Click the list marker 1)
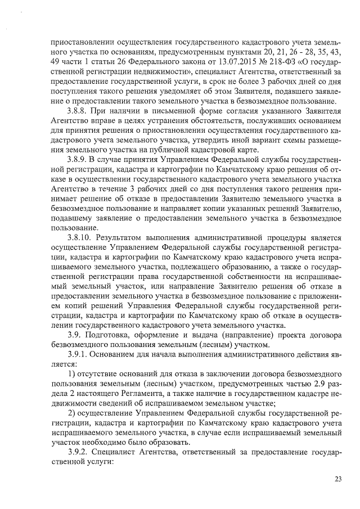[x=71, y=375]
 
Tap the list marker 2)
[x=71, y=413]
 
